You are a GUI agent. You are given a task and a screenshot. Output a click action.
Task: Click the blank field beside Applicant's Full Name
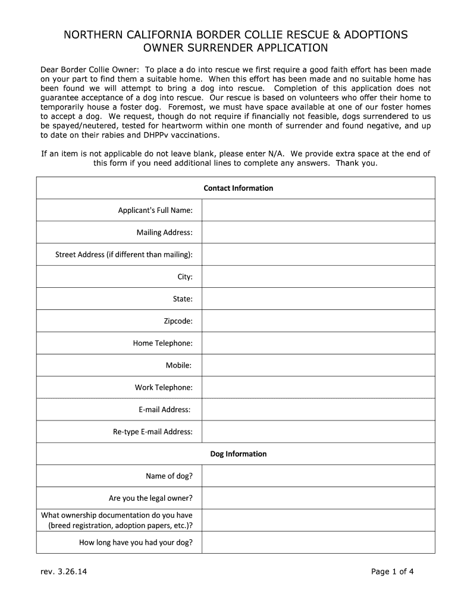pyautogui.click(x=318, y=210)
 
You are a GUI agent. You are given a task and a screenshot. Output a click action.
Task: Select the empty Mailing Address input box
pyautogui.click(x=318, y=232)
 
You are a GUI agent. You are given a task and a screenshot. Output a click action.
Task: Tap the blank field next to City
pyautogui.click(x=318, y=277)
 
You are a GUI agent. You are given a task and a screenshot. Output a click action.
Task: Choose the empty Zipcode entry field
pyautogui.click(x=318, y=321)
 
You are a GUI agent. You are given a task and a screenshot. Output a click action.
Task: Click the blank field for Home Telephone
pyautogui.click(x=318, y=343)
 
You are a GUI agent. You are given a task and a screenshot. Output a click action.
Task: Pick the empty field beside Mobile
pyautogui.click(x=318, y=365)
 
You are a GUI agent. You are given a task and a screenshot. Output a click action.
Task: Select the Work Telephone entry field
pyautogui.click(x=318, y=387)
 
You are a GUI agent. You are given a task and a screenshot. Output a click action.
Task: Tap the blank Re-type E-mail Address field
pyautogui.click(x=318, y=432)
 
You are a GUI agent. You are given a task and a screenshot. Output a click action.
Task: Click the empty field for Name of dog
pyautogui.click(x=318, y=476)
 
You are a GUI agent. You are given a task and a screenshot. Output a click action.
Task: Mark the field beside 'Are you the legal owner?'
pyautogui.click(x=318, y=498)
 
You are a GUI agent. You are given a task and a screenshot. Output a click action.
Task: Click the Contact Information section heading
pyautogui.click(x=238, y=188)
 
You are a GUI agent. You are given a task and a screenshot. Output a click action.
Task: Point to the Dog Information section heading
pyautogui.click(x=238, y=454)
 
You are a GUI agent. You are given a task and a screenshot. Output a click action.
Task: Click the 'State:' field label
pyautogui.click(x=183, y=299)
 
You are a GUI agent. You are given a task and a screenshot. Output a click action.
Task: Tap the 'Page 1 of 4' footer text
pyautogui.click(x=392, y=572)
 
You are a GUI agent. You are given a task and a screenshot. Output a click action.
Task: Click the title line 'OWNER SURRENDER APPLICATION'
pyautogui.click(x=236, y=48)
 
